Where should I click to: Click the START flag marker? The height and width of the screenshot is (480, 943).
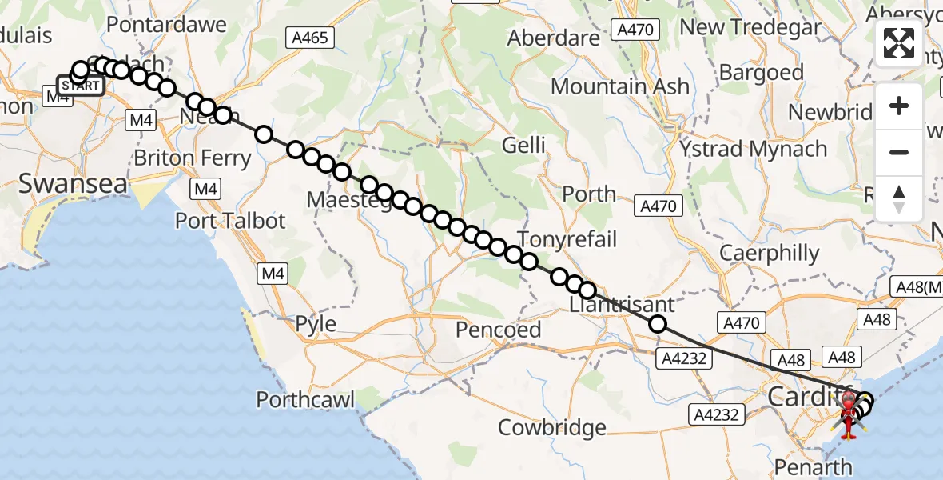(x=81, y=85)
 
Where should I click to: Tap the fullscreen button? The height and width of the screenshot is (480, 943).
(x=898, y=43)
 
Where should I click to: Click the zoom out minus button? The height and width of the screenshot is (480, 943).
(x=898, y=152)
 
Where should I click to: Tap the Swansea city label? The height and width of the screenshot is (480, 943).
(x=73, y=183)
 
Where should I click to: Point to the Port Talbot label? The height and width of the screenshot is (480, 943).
(x=230, y=220)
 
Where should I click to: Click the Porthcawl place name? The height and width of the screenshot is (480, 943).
(x=305, y=399)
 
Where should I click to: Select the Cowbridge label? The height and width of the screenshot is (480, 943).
(x=551, y=427)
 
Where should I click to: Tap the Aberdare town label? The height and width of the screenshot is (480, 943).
(x=553, y=38)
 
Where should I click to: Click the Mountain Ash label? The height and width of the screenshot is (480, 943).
(x=619, y=86)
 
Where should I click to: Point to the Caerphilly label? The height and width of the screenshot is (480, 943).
(x=770, y=254)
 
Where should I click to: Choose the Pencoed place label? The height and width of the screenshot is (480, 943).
(x=499, y=329)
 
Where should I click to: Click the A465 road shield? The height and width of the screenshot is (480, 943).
(x=311, y=37)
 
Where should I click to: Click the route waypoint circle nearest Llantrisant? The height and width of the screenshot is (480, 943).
(x=658, y=324)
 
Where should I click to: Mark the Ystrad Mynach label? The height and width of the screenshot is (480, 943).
(x=753, y=149)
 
